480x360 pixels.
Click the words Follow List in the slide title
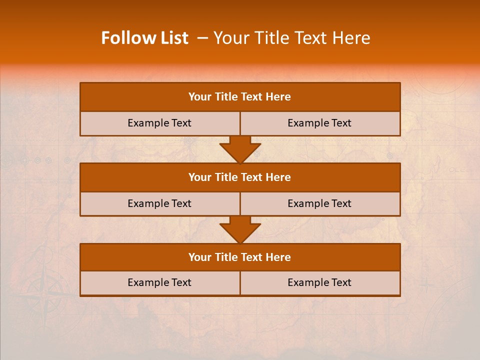(144, 38)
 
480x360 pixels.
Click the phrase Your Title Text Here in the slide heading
(292, 38)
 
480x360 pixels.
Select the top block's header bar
(239, 97)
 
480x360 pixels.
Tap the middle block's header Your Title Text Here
(239, 177)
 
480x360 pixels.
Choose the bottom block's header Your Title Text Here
(239, 257)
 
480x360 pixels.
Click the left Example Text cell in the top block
(159, 123)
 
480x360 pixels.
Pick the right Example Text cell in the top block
(319, 123)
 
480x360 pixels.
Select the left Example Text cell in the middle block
(159, 203)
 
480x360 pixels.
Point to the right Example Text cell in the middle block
(319, 203)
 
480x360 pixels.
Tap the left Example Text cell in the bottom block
(159, 282)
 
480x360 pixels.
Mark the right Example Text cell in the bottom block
(319, 282)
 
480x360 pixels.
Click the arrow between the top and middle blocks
(240, 149)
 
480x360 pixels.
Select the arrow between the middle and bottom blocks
(240, 229)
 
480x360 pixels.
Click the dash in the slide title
(202, 38)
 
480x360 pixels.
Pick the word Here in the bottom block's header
(278, 257)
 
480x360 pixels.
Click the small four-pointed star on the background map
(426, 285)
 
